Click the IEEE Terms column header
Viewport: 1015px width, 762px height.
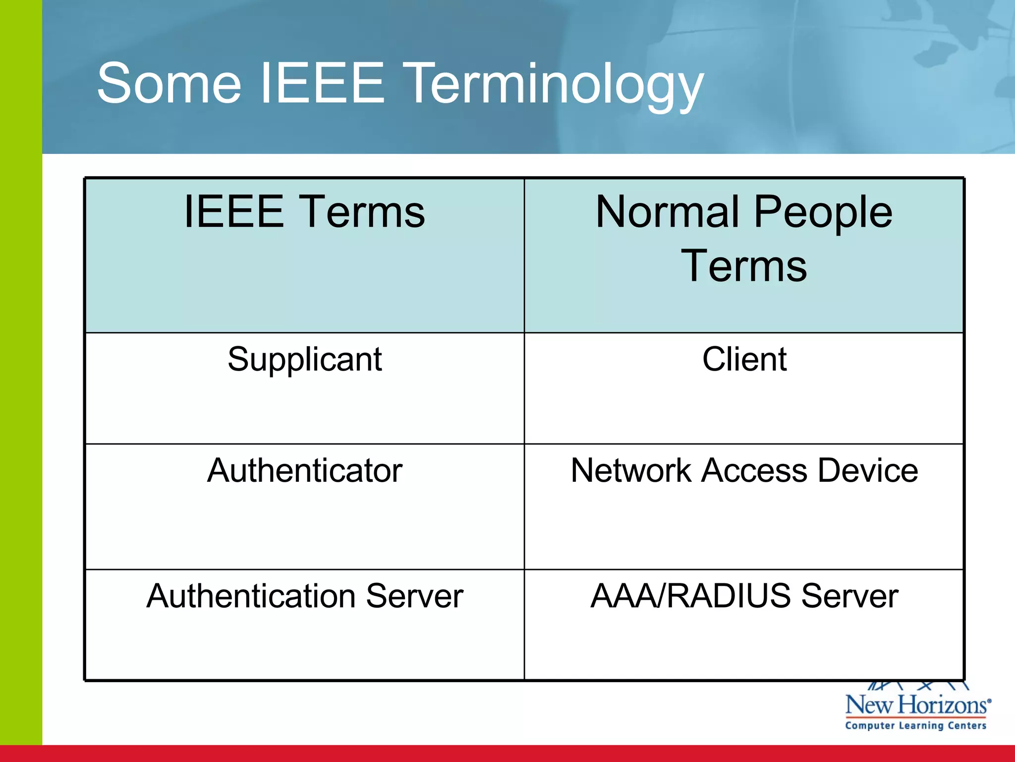tap(304, 212)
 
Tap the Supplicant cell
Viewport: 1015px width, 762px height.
tap(304, 360)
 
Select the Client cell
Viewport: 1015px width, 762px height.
tap(744, 359)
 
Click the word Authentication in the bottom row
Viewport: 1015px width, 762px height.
tap(251, 596)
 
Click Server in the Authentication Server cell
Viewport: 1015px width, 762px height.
tap(414, 596)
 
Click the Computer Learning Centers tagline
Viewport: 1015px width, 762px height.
tap(915, 726)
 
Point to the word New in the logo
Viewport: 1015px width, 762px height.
tap(869, 705)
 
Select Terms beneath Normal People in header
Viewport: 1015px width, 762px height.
tap(744, 266)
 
